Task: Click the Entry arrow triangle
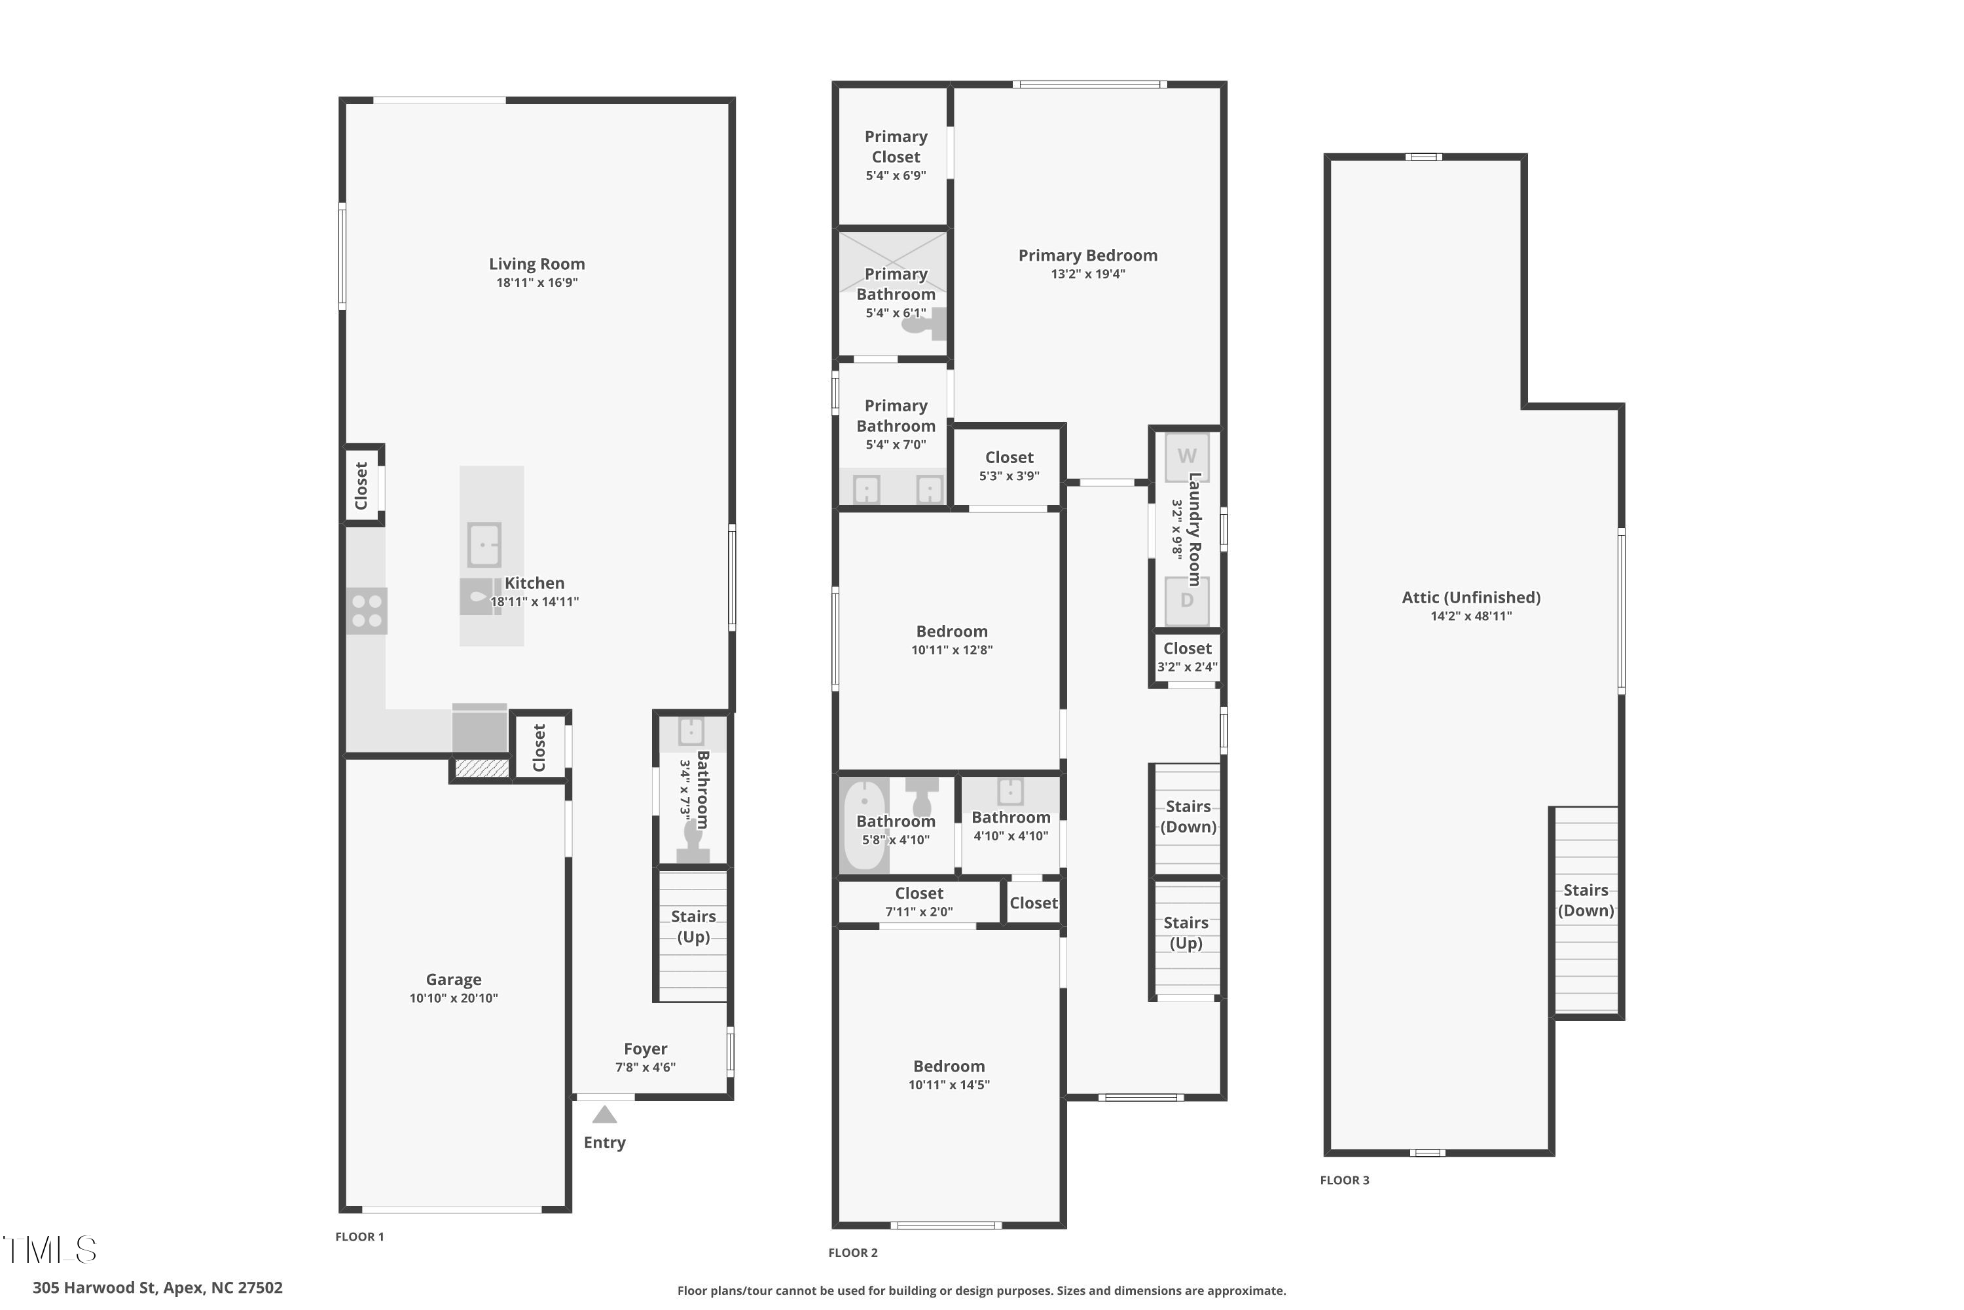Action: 604,1115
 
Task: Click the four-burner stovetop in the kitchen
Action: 367,610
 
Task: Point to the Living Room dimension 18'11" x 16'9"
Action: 537,282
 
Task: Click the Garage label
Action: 454,979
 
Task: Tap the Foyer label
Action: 646,1049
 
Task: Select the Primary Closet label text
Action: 896,146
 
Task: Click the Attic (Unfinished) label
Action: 1470,597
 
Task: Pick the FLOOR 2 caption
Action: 852,1252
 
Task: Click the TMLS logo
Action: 50,1250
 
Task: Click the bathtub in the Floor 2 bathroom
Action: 864,825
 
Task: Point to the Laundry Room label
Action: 1195,529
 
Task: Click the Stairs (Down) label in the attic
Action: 1586,901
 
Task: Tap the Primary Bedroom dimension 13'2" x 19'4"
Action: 1088,274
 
